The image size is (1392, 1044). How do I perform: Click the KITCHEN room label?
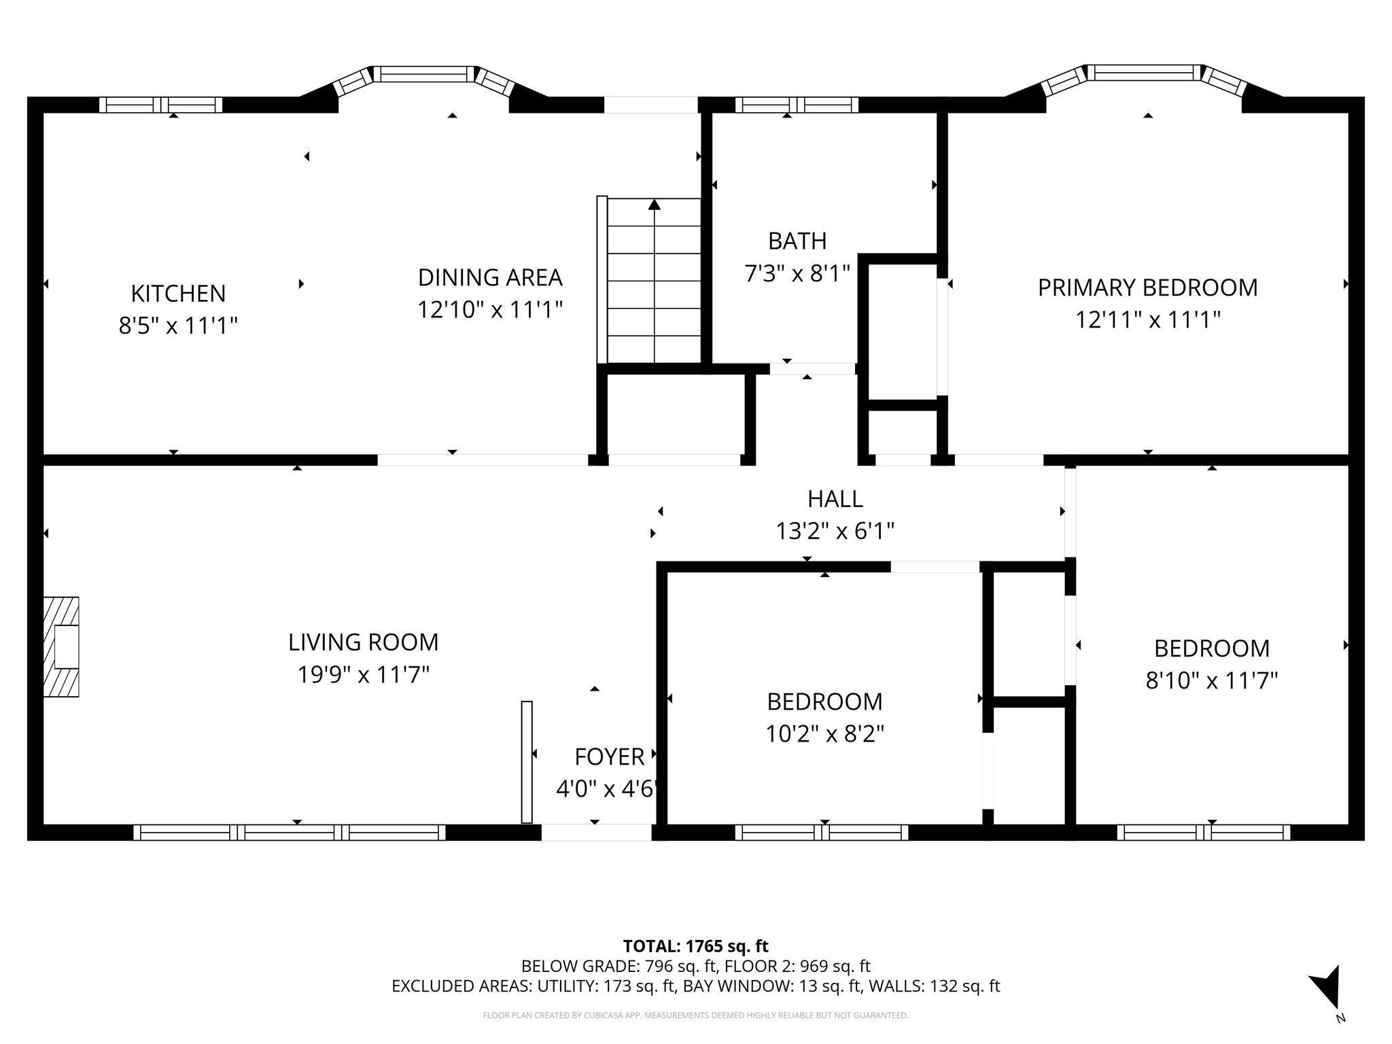(178, 294)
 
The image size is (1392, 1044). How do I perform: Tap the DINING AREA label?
(489, 277)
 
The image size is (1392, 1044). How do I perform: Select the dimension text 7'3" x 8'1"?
(797, 274)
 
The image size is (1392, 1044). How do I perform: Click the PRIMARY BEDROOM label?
(1147, 288)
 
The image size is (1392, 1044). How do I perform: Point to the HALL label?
(835, 499)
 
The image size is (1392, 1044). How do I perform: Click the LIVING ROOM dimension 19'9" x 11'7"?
(363, 675)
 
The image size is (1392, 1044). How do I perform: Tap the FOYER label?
(609, 756)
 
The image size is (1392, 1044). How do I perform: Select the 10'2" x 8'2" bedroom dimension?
(824, 734)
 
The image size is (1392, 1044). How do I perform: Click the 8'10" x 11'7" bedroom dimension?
(1211, 680)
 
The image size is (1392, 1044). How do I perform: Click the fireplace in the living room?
(61, 646)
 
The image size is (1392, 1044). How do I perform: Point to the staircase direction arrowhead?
(654, 204)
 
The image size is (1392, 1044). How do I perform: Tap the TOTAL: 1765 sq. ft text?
(695, 946)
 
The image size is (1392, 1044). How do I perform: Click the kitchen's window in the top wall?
(161, 105)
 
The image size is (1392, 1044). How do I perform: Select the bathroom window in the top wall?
(796, 105)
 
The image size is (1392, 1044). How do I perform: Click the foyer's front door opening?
(596, 832)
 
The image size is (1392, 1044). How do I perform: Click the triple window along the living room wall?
(290, 832)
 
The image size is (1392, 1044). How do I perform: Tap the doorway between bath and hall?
(812, 369)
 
